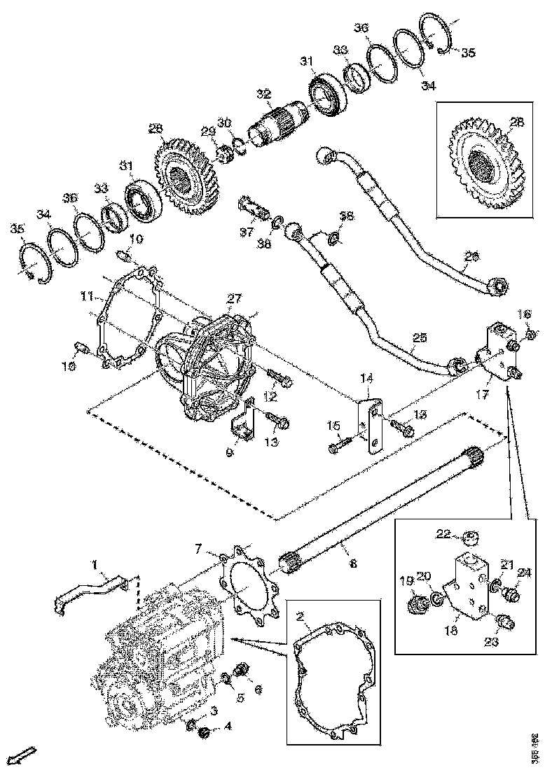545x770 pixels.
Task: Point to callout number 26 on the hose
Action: click(x=472, y=257)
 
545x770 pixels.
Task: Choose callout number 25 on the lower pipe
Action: click(x=418, y=338)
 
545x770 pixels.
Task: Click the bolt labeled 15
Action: click(x=343, y=442)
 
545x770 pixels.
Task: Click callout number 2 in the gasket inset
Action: click(x=300, y=617)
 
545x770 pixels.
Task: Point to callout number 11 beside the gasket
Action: click(x=86, y=297)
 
